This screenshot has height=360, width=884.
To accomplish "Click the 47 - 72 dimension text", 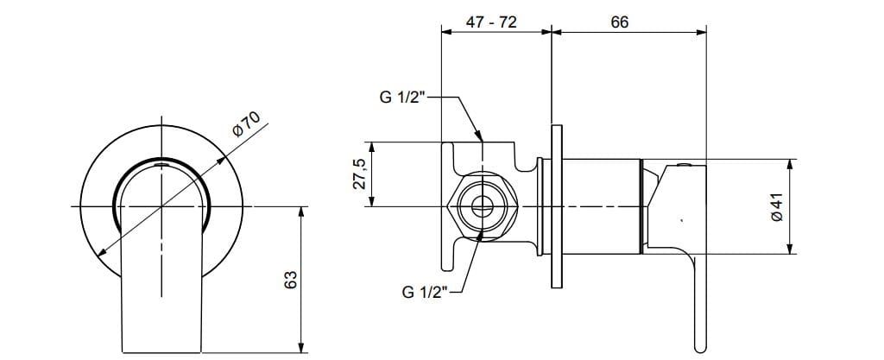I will (x=491, y=22).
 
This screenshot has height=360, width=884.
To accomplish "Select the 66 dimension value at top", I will (x=619, y=22).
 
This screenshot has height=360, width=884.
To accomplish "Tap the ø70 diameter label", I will (x=245, y=125).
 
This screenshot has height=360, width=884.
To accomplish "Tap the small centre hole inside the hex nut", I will (x=482, y=207).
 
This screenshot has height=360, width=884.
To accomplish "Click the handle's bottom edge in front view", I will (x=162, y=352).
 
